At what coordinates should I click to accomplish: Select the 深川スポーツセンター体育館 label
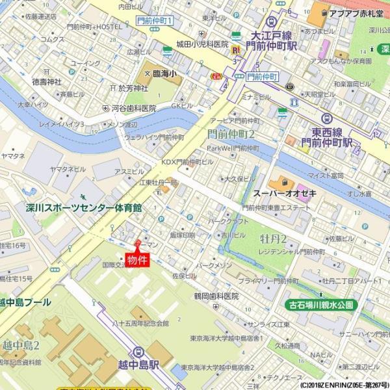pos(84,208)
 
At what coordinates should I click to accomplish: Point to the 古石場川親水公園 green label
pos(321,304)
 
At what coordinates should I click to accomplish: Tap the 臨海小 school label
pos(166,74)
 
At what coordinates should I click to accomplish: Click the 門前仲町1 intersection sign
pos(155,21)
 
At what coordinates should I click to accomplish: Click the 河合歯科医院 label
pos(134,109)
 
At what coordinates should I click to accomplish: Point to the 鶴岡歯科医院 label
pos(216,296)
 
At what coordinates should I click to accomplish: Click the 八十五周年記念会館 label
pos(140,323)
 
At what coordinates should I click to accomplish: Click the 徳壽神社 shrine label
pos(46,82)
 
